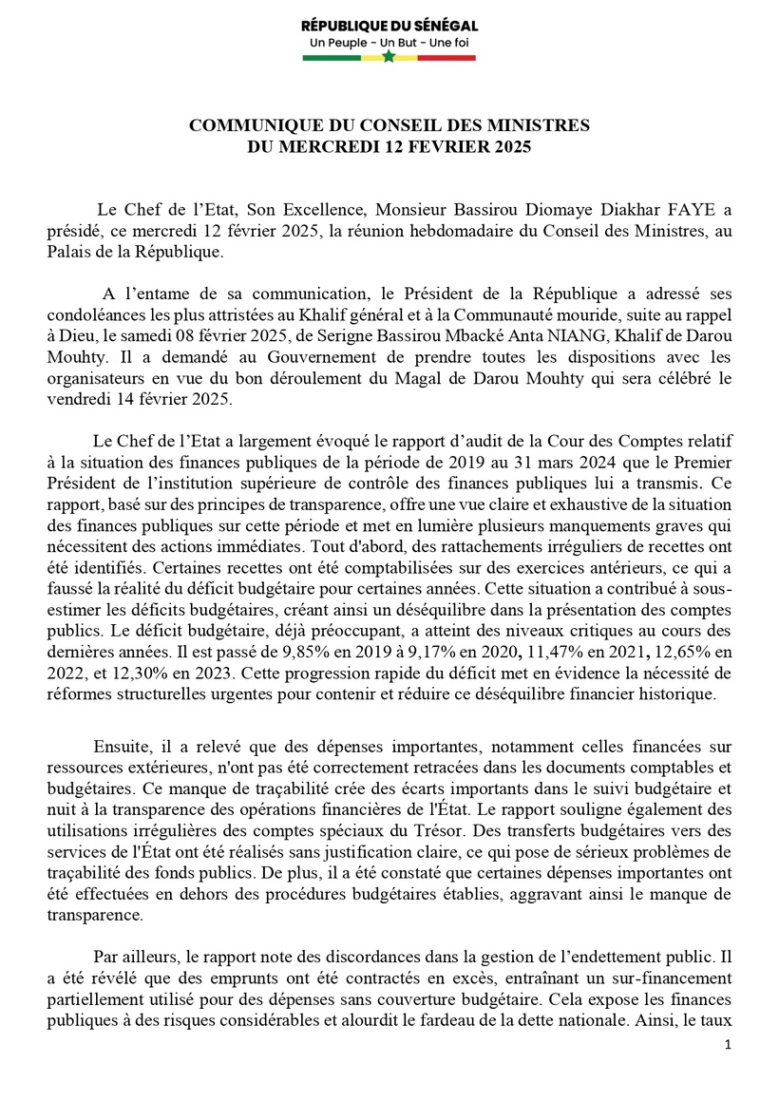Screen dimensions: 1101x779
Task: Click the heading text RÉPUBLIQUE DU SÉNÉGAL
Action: tap(389, 26)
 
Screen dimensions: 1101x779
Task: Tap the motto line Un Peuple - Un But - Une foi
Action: tap(389, 43)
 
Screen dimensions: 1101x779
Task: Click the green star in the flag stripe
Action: tap(389, 58)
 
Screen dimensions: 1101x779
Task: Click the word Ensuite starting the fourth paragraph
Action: tap(121, 747)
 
